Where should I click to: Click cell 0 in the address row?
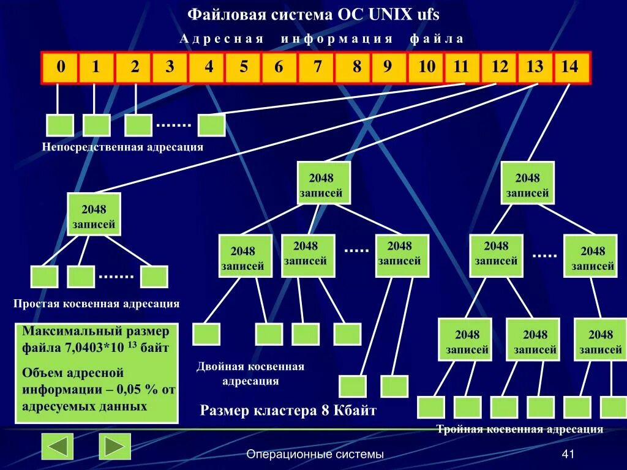click(60, 67)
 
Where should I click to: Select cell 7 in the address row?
click(317, 67)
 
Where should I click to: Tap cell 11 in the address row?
click(461, 67)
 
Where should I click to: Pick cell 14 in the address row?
click(571, 67)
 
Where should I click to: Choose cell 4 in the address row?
click(208, 67)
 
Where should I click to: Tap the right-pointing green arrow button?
click(115, 446)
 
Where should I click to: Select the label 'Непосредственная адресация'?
click(122, 147)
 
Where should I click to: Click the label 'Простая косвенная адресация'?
click(97, 304)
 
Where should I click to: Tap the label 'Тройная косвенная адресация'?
click(520, 430)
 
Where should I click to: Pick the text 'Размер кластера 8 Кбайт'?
click(288, 411)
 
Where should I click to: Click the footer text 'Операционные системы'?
click(315, 454)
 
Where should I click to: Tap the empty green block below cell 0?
click(60, 125)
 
